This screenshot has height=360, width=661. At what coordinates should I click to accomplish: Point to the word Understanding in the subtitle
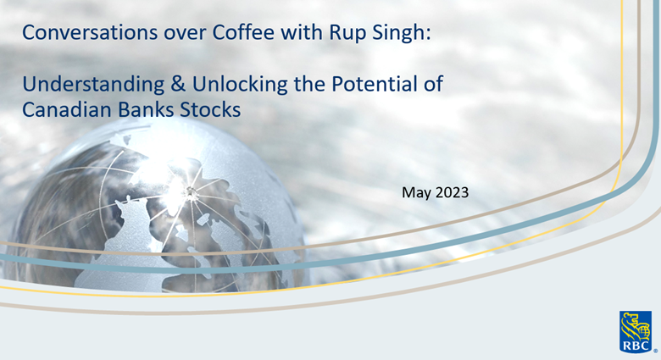[x=81, y=86]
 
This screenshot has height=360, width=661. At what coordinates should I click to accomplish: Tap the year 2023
[x=452, y=194]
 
